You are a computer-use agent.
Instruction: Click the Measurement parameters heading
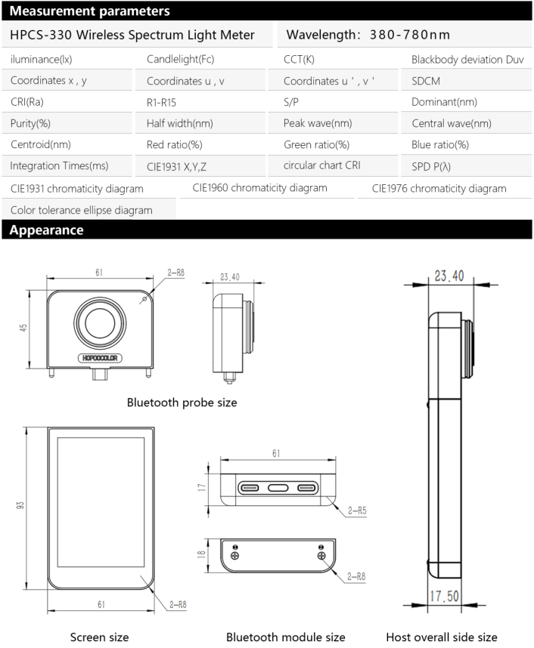90,11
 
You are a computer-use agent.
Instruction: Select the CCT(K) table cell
299,59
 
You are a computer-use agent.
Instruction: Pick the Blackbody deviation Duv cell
467,59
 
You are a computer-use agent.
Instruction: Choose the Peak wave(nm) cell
318,123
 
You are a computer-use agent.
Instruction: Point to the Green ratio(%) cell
316,144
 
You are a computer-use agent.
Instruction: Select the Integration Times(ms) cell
60,165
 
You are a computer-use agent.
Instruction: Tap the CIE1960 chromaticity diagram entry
259,187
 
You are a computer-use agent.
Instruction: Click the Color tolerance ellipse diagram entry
82,210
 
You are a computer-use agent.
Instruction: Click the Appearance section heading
47,230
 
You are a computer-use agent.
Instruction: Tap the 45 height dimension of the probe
23,328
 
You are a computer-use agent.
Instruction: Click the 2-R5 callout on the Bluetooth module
359,511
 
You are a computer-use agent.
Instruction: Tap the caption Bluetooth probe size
182,403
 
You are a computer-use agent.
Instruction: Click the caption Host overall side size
442,637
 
